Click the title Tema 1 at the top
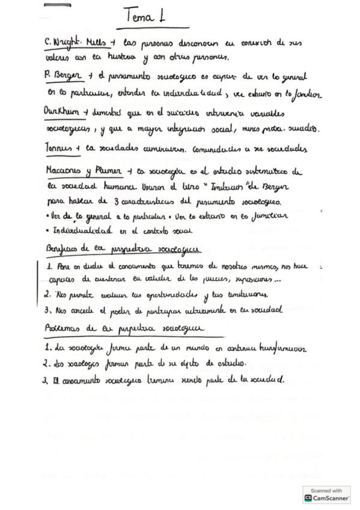[152, 16]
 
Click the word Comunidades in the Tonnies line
[231, 149]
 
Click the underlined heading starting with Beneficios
[123, 248]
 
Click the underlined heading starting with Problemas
[123, 328]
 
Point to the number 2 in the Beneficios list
[47, 295]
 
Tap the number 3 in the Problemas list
[47, 380]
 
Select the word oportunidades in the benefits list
[168, 295]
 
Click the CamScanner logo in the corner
[328, 495]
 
